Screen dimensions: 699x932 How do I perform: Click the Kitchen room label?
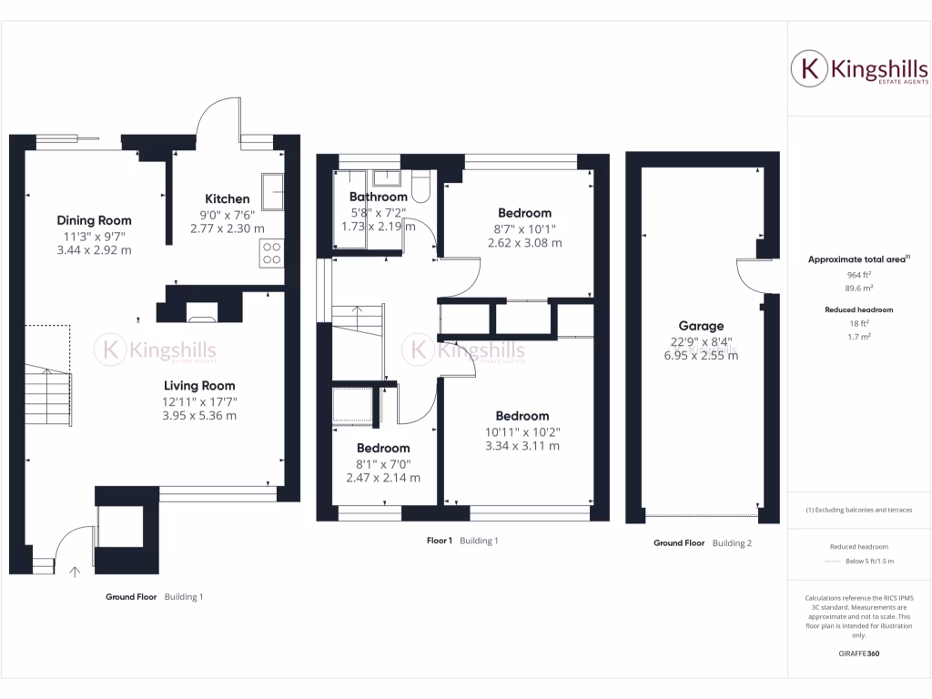pos(227,198)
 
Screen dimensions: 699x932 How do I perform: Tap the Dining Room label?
pos(94,220)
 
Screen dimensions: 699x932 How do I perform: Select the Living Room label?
pos(199,385)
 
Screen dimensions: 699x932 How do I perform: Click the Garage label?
pos(701,326)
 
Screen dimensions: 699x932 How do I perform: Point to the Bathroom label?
pos(378,197)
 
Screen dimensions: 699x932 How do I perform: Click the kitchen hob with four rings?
pos(272,252)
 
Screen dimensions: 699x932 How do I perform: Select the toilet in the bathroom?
pos(421,187)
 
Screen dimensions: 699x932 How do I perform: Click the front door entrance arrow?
pos(75,571)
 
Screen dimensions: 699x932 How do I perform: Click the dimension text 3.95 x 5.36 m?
pos(199,416)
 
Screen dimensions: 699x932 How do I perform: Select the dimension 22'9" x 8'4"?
pos(701,342)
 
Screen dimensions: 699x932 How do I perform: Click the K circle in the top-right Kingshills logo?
pos(806,69)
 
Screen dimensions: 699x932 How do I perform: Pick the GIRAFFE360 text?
pos(858,653)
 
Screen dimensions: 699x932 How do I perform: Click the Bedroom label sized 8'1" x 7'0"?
pos(382,448)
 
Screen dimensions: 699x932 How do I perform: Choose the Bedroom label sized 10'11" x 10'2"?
pos(522,416)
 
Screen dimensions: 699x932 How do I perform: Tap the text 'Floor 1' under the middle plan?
pos(439,541)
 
